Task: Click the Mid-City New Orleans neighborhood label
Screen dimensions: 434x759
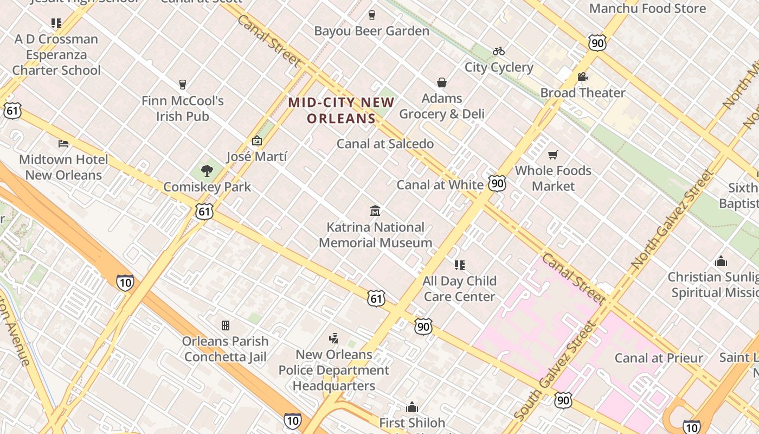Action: click(341, 110)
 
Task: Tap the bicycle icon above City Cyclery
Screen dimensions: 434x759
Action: click(499, 51)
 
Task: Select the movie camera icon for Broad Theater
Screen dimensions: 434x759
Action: click(583, 77)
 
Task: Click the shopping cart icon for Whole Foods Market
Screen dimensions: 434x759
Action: click(553, 155)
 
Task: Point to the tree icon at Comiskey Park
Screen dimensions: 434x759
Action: click(207, 171)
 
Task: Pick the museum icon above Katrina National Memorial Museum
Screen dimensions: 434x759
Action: click(375, 210)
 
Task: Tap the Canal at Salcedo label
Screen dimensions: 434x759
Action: click(385, 144)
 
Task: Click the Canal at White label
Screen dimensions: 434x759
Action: click(440, 185)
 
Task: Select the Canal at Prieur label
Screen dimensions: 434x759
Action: click(658, 358)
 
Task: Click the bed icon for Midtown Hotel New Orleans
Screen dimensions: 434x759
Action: click(63, 144)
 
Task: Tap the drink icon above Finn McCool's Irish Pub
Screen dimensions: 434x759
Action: click(183, 85)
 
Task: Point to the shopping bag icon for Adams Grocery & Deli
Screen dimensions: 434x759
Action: click(442, 82)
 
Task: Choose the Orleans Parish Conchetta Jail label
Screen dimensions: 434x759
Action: click(225, 349)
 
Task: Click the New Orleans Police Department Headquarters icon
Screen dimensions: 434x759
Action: click(334, 339)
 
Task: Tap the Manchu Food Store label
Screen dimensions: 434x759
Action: click(647, 9)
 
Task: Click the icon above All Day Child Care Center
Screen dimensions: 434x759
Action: click(460, 265)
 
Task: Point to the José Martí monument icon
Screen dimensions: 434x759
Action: click(257, 141)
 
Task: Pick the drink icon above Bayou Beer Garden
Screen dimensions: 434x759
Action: click(372, 15)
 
